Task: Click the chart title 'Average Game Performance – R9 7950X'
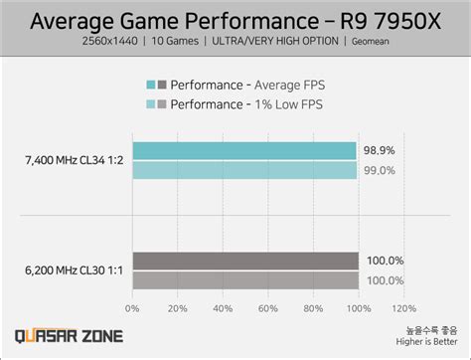(235, 19)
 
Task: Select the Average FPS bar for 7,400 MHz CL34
(244, 150)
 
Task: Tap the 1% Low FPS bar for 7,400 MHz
(244, 170)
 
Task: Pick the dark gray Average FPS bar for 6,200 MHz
(245, 261)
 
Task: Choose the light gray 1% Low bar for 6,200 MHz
(245, 280)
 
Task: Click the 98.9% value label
(378, 150)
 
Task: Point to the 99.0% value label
(378, 170)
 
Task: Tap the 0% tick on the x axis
(132, 308)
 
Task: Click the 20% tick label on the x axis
(177, 308)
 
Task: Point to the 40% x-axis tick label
(223, 308)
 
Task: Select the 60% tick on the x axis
(267, 308)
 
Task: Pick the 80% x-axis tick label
(313, 308)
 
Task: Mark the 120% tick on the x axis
(403, 308)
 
